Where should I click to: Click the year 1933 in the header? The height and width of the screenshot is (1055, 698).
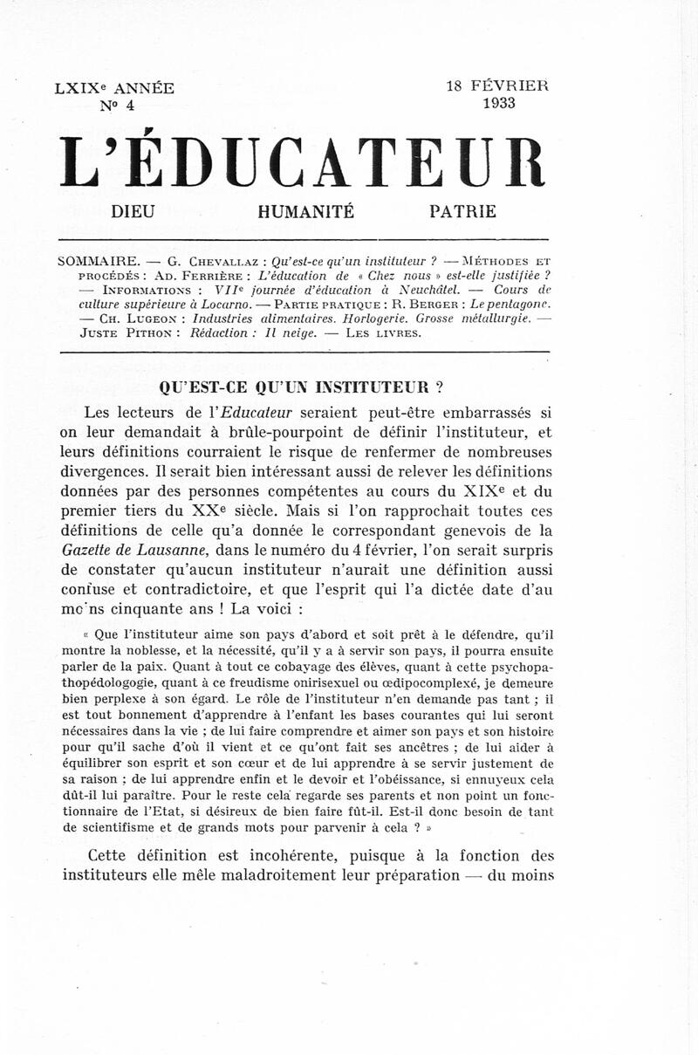pyautogui.click(x=498, y=103)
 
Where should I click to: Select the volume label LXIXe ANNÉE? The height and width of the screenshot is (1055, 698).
pyautogui.click(x=114, y=88)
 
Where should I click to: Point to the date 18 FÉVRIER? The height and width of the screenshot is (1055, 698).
pyautogui.click(x=497, y=86)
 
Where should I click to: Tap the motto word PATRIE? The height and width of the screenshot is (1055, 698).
pyautogui.click(x=462, y=212)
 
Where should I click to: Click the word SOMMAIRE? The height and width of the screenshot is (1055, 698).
pyautogui.click(x=97, y=261)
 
